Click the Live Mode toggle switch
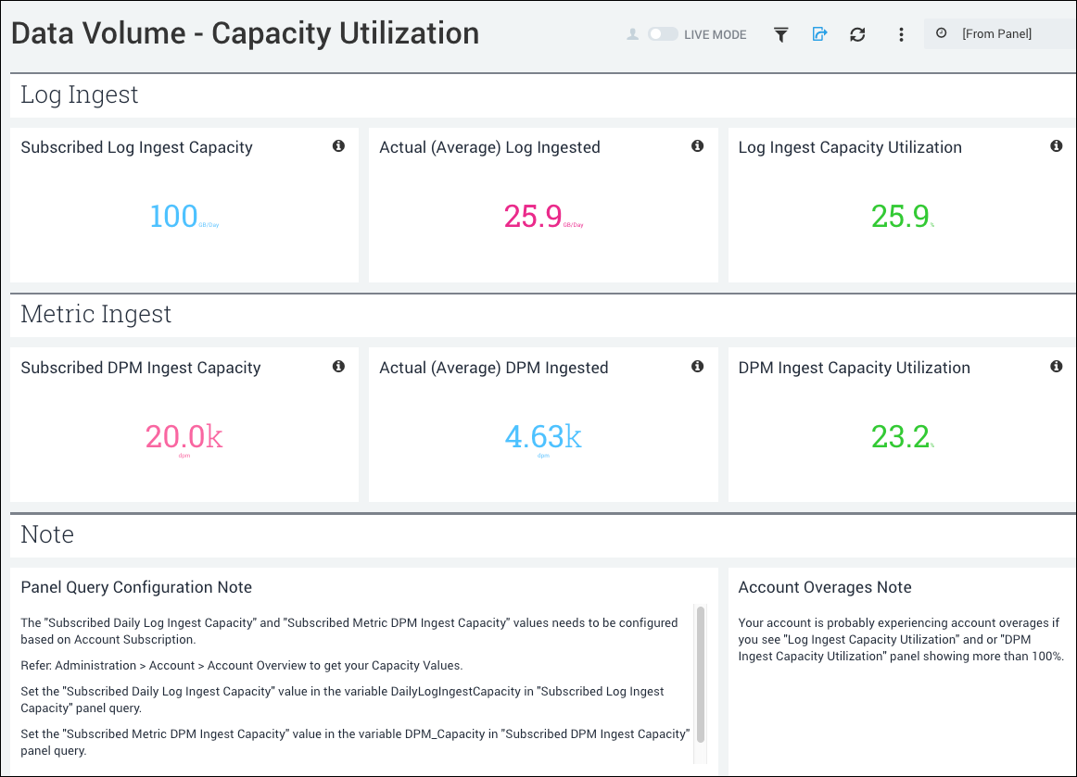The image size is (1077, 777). (663, 34)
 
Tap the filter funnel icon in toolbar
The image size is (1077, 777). (781, 34)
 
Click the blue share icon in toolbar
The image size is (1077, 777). (819, 34)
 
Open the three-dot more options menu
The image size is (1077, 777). (901, 34)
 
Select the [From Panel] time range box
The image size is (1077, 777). (997, 34)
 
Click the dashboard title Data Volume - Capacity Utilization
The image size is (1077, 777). (246, 34)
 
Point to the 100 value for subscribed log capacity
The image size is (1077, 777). (174, 217)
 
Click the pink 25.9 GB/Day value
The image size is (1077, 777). (534, 217)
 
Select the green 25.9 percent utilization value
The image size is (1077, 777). (900, 217)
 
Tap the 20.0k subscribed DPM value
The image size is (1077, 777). (184, 437)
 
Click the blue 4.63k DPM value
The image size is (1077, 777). (543, 437)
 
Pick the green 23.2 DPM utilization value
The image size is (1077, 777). (900, 437)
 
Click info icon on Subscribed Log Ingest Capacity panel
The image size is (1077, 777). (338, 146)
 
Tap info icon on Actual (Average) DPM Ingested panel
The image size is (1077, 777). (697, 367)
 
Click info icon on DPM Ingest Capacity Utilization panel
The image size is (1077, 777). (1056, 367)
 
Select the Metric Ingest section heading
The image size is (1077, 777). (96, 315)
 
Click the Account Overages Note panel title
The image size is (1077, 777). (825, 587)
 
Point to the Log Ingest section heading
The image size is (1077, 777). (80, 94)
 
